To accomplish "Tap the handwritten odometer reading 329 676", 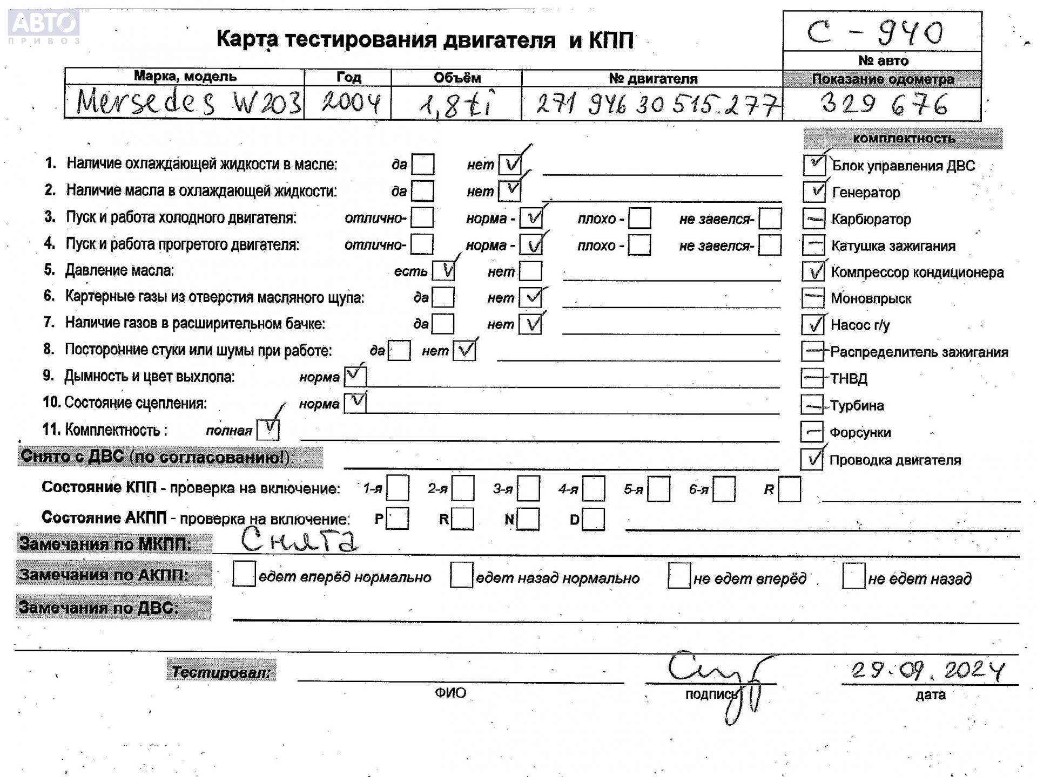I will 884,104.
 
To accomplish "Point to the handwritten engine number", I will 657,104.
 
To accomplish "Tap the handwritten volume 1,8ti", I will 456,105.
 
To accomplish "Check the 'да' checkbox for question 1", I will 422,165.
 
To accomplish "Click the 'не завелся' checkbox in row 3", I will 770,219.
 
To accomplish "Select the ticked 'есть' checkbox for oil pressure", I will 443,271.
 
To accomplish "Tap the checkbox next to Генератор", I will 813,192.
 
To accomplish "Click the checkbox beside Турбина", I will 812,405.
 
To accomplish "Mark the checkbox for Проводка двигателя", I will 811,459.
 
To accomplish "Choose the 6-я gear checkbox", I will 724,489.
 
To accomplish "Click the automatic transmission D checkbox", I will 594,519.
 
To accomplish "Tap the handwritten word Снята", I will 299,540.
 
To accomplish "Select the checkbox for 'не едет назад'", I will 853,576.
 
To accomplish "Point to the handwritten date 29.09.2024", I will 927,670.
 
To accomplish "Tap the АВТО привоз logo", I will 44,26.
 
